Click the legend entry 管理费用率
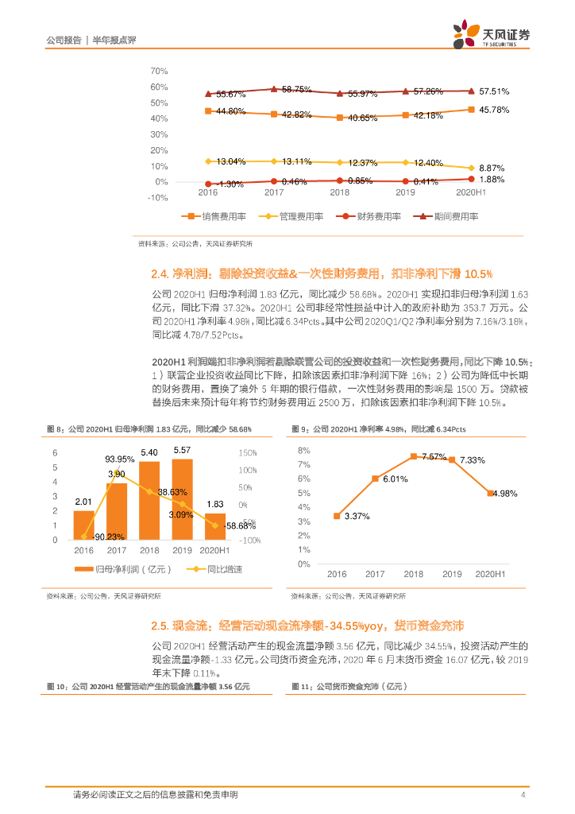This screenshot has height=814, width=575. pyautogui.click(x=291, y=216)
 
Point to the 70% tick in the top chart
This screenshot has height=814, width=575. pyautogui.click(x=159, y=71)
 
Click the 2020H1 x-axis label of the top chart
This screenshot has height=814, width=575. pyautogui.click(x=471, y=192)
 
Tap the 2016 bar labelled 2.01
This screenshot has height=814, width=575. pyautogui.click(x=83, y=525)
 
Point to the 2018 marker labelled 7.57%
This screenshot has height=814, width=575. pyautogui.click(x=413, y=456)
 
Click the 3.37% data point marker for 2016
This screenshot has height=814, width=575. pyautogui.click(x=337, y=516)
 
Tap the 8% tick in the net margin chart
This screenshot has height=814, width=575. pyautogui.click(x=304, y=451)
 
